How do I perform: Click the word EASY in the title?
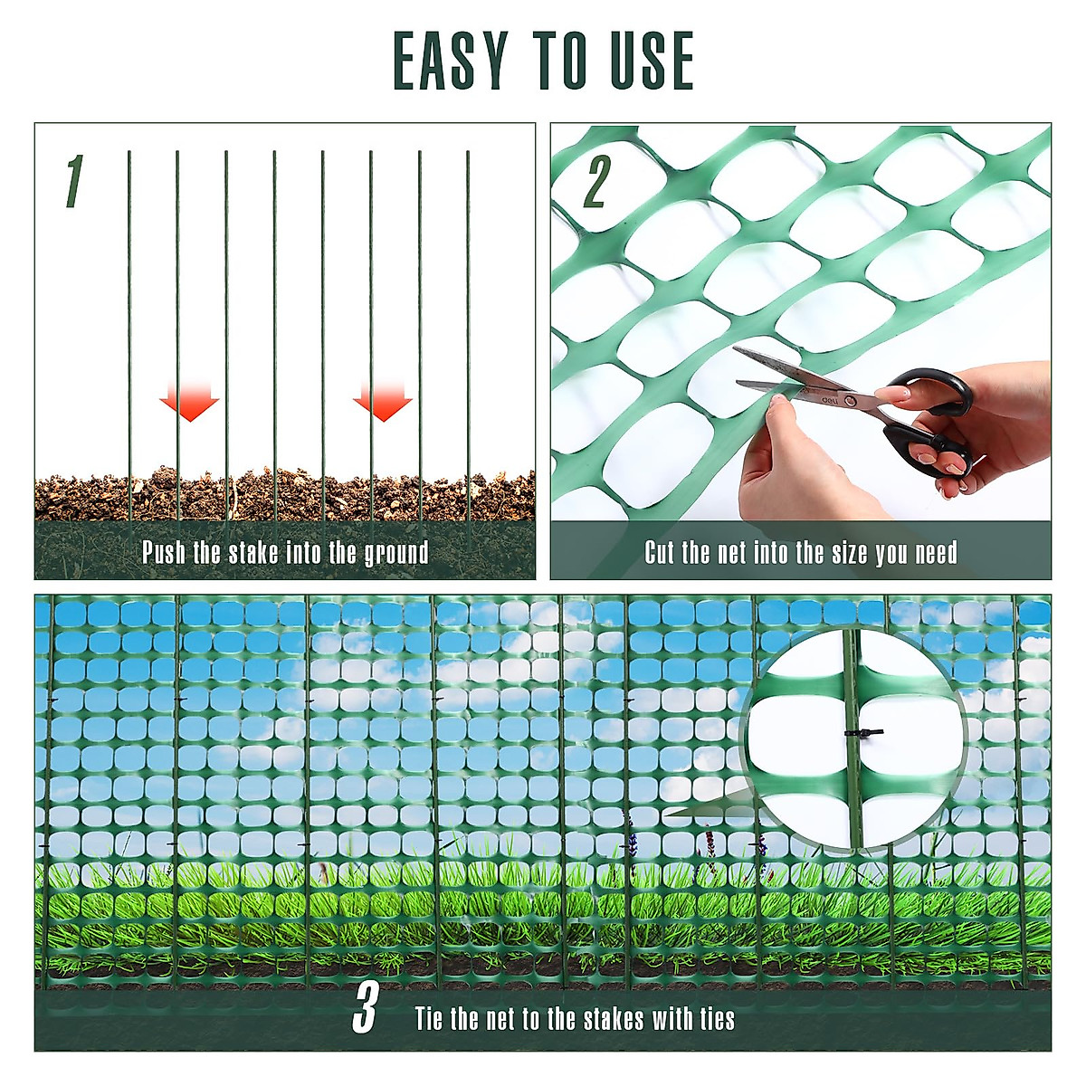pos(449,61)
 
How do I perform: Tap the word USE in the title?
pos(643,61)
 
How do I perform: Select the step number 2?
pos(595,181)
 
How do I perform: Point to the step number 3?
pos(365,1008)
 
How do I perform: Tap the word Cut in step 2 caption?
pos(660,552)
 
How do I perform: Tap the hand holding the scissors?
pos(986,425)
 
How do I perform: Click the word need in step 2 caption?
pos(936,553)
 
